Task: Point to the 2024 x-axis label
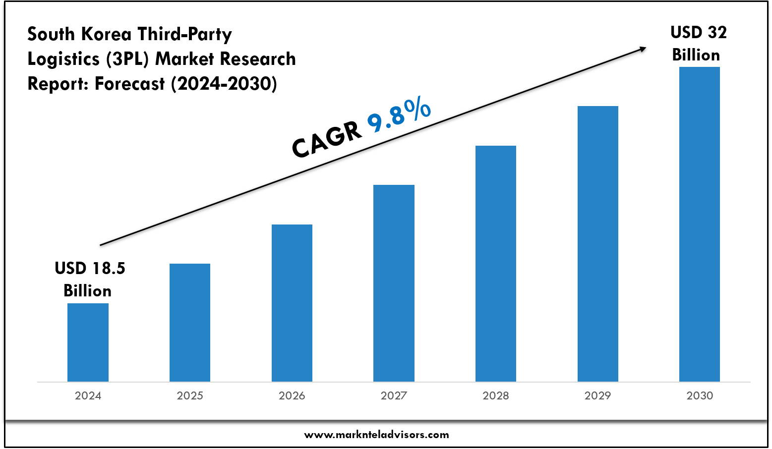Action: click(88, 395)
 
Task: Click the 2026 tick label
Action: click(292, 395)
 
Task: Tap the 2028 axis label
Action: click(496, 395)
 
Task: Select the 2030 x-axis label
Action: click(700, 395)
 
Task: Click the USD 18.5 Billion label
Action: click(89, 279)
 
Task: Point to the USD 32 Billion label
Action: click(698, 44)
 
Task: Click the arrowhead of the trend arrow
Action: click(643, 49)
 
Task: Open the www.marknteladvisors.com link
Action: click(376, 435)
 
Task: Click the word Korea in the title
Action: click(106, 34)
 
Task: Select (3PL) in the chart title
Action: click(127, 59)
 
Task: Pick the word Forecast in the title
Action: click(130, 84)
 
